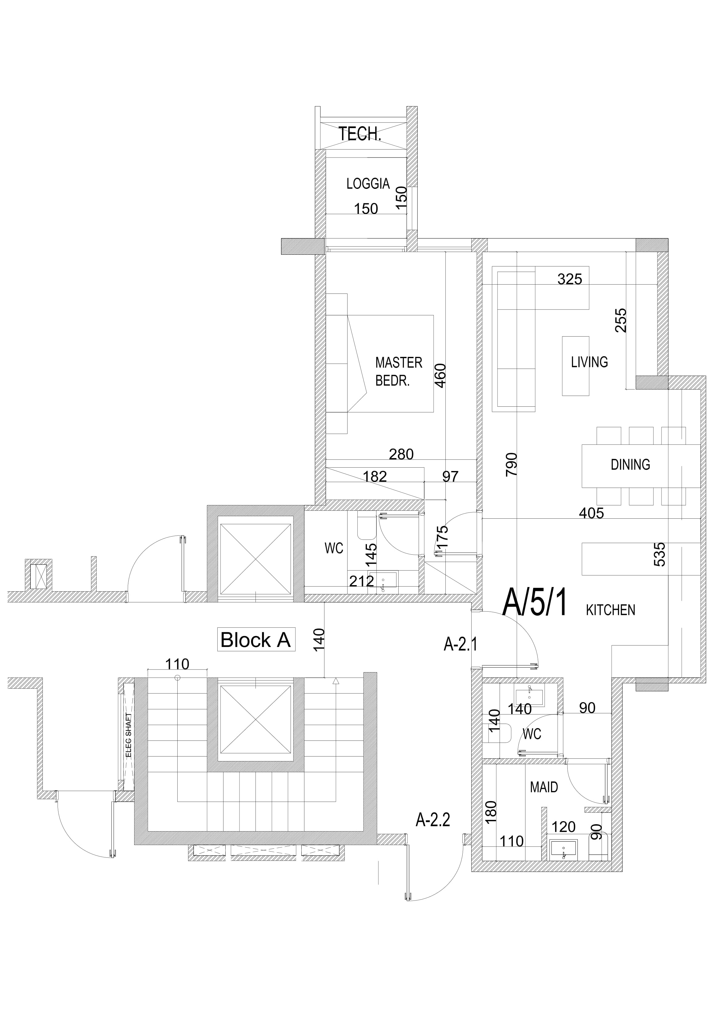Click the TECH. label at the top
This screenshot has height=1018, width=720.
(x=360, y=134)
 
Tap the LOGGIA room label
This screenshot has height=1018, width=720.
(x=368, y=184)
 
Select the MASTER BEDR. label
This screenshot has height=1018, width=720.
(x=398, y=372)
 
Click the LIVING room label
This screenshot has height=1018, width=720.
(x=589, y=362)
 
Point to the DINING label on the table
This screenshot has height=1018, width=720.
(x=630, y=465)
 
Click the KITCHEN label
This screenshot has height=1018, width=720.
(x=610, y=610)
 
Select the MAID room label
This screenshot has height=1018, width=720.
(x=544, y=788)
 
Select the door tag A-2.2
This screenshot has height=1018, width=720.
(x=432, y=820)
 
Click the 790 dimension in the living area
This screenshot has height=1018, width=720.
(x=512, y=464)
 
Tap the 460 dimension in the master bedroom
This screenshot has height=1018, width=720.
(x=440, y=376)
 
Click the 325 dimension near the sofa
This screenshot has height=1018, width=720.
(x=569, y=279)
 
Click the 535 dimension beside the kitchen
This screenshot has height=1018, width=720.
(x=660, y=554)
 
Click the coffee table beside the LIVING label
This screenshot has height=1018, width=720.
(x=575, y=366)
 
